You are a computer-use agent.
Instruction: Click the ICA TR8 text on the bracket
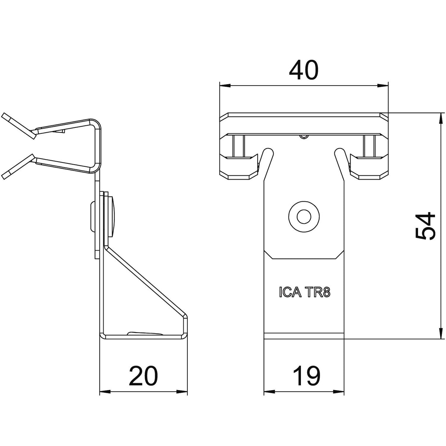tap(305, 292)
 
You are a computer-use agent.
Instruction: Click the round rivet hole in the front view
tap(304, 217)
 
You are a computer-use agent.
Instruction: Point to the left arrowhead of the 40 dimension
tap(225, 86)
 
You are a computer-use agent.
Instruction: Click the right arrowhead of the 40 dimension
tap(382, 86)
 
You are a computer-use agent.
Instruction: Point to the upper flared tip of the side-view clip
tap(18, 126)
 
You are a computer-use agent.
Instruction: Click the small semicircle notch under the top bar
tap(304, 137)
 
